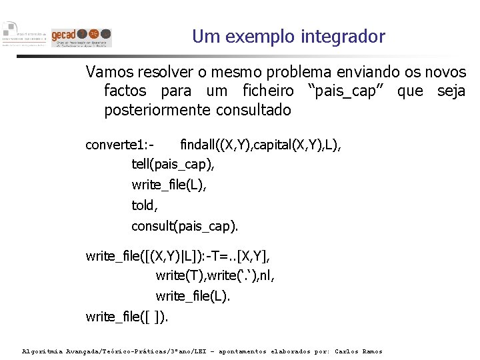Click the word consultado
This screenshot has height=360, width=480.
255,110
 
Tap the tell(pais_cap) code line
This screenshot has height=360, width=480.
173,164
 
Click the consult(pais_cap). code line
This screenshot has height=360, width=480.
185,226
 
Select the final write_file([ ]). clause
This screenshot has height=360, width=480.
127,316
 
